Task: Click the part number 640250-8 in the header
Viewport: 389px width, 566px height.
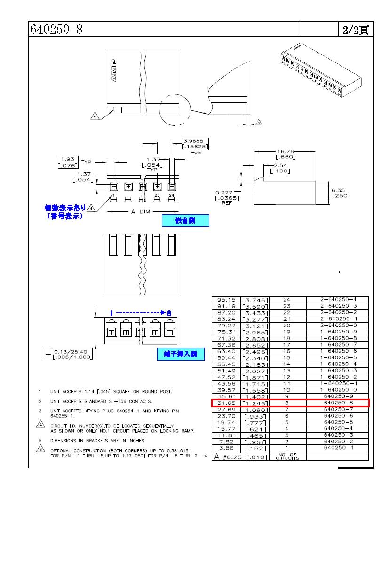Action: click(x=56, y=29)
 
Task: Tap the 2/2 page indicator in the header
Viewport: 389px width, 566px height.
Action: click(x=355, y=30)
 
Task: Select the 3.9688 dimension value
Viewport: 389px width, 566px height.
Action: click(x=195, y=140)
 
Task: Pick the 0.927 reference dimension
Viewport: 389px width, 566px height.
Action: click(x=225, y=193)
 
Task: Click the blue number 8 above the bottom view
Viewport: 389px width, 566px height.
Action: click(x=169, y=312)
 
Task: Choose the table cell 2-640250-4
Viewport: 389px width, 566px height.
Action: click(x=337, y=300)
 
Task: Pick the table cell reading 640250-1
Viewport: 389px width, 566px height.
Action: click(x=337, y=448)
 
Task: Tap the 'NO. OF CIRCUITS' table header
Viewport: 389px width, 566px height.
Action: click(x=287, y=457)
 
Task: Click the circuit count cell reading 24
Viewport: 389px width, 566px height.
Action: click(x=287, y=300)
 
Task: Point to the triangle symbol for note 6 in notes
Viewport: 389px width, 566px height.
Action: click(x=40, y=449)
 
